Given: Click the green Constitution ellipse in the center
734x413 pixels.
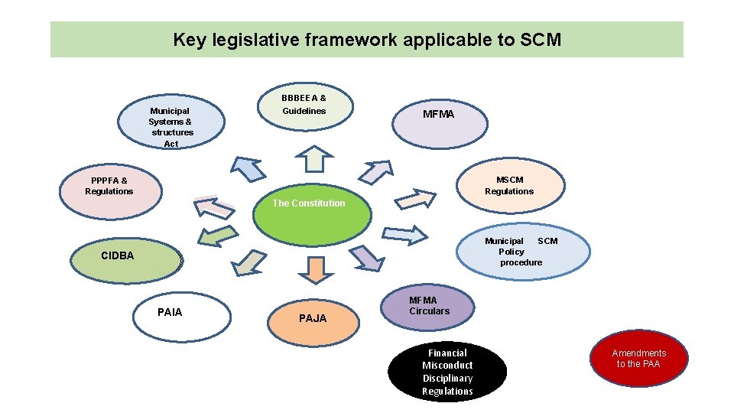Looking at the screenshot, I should point(312,215).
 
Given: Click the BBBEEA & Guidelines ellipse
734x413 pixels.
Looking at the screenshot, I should point(304,106).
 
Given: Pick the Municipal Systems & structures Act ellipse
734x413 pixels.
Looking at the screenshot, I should point(171,123).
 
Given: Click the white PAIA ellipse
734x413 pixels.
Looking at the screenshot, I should point(181,316).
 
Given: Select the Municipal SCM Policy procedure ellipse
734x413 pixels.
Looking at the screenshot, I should point(524,252).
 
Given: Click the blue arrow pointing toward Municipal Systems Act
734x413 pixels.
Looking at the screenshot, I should point(247,169).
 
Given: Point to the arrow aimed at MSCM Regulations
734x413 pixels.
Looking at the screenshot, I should point(414,199).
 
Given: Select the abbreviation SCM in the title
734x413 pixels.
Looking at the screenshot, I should point(541,40).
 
